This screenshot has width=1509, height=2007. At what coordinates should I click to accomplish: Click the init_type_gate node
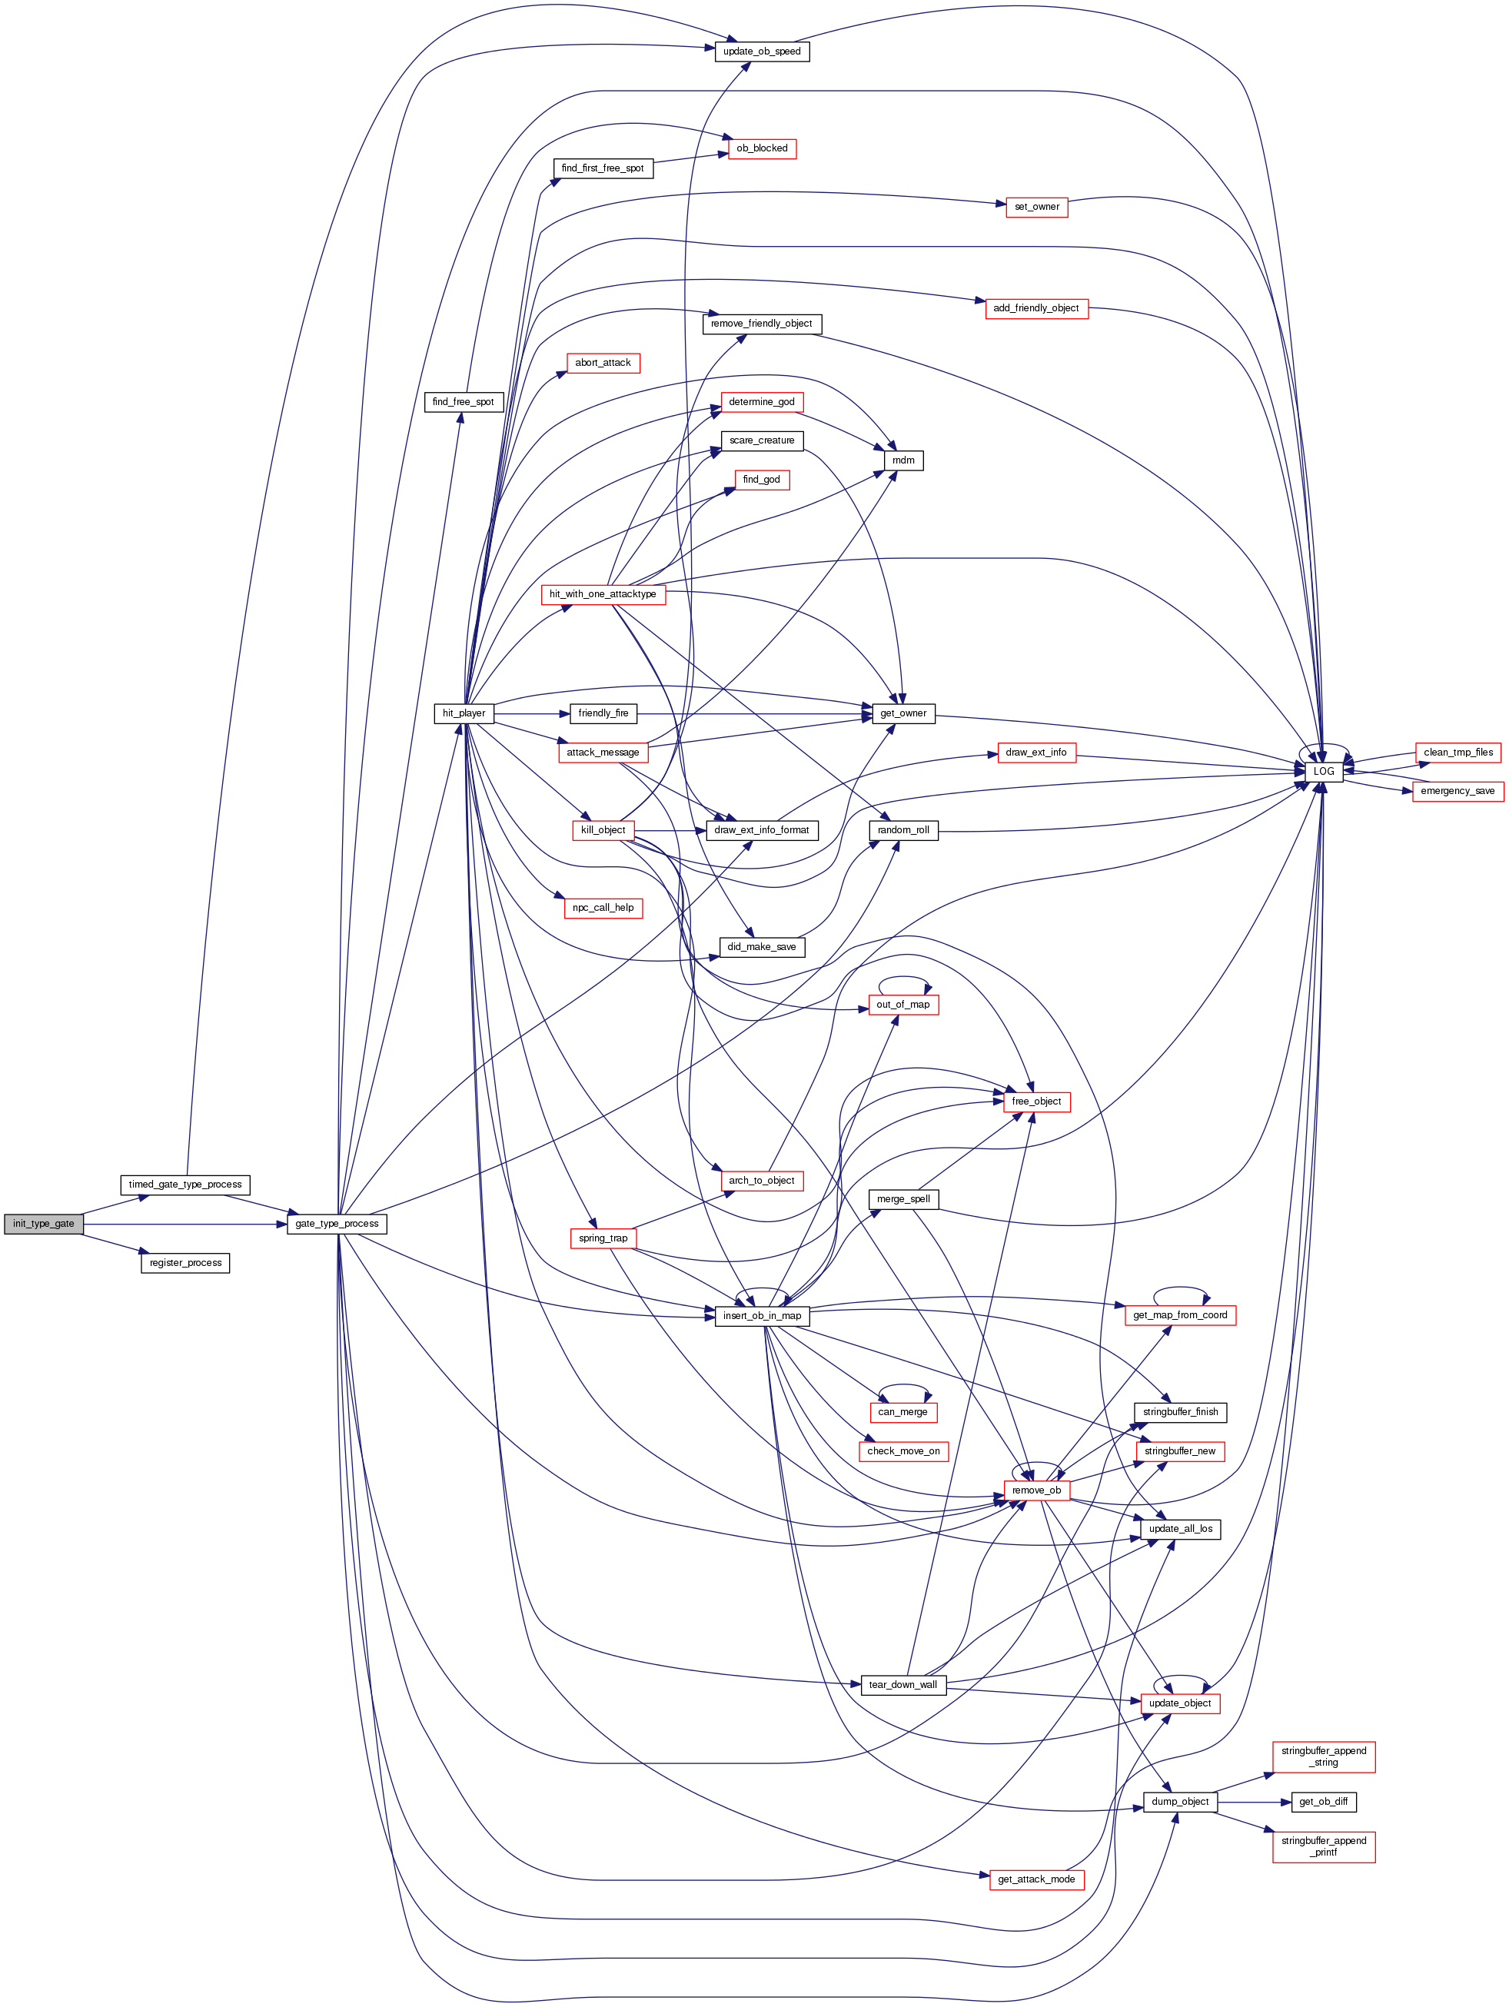click(x=42, y=1224)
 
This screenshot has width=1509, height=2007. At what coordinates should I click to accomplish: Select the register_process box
click(x=185, y=1263)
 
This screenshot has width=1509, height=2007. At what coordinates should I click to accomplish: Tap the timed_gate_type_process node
click(x=185, y=1185)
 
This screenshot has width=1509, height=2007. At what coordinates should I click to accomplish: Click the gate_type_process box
click(x=337, y=1224)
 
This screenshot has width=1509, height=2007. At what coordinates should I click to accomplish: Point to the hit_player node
click(x=464, y=713)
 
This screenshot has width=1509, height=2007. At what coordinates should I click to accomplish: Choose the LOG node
click(x=1324, y=771)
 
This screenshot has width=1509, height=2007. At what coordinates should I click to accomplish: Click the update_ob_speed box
click(x=761, y=52)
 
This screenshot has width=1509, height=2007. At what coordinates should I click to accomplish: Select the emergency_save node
click(x=1457, y=791)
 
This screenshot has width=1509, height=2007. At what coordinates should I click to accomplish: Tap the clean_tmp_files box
click(x=1458, y=753)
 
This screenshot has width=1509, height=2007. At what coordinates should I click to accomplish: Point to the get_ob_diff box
click(x=1323, y=1802)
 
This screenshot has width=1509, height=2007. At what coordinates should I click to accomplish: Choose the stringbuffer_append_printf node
click(x=1323, y=1846)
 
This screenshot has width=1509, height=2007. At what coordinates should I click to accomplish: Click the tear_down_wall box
click(x=902, y=1685)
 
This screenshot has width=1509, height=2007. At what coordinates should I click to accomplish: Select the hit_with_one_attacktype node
click(x=603, y=594)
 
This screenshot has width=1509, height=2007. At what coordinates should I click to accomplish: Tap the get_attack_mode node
click(x=1036, y=1879)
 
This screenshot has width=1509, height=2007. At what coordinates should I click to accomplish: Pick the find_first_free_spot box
click(x=603, y=169)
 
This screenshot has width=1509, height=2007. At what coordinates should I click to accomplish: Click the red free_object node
click(x=1036, y=1102)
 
